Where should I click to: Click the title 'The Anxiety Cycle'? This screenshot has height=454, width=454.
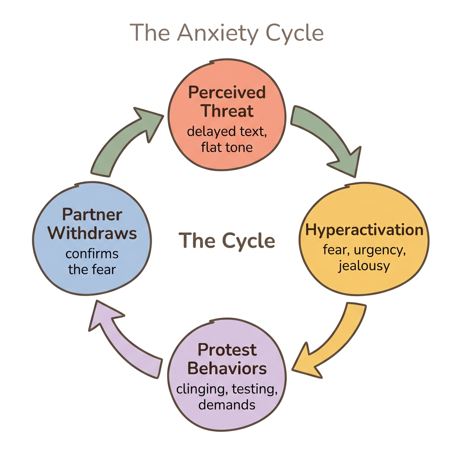227,33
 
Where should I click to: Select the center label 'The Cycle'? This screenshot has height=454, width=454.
227,241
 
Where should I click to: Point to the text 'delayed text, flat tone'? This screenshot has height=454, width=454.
227,139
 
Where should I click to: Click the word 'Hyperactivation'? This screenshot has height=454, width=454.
364,230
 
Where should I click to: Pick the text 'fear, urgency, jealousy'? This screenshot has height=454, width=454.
364,258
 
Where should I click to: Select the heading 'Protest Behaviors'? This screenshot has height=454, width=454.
227,359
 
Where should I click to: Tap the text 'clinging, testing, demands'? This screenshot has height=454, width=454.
227,397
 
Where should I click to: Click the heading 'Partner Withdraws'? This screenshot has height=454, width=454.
92,223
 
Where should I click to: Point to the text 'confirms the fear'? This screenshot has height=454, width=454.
92,261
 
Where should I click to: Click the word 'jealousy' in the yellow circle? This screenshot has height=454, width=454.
364,266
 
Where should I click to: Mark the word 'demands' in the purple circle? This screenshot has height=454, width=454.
227,404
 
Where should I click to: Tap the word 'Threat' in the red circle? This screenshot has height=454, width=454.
227,110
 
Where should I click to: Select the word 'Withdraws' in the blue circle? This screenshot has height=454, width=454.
92,233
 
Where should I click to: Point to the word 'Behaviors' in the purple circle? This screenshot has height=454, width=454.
227,368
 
